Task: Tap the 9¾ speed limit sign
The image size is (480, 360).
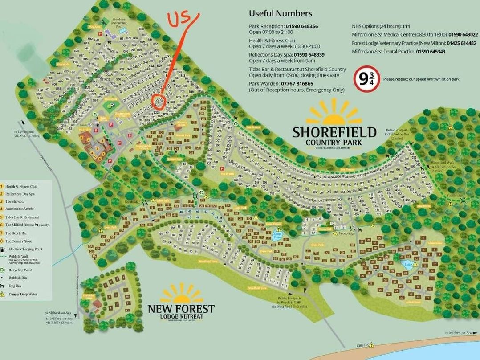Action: (x=366, y=79)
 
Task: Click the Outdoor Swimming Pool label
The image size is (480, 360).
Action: (x=119, y=22)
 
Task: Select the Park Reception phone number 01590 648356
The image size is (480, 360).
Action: (x=302, y=26)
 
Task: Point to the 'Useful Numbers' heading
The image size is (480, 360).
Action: (x=281, y=13)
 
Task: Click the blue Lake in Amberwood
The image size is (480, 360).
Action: (x=408, y=264)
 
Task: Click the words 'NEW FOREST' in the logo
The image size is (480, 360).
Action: (x=181, y=309)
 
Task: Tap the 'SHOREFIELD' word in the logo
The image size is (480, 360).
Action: (x=334, y=133)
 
